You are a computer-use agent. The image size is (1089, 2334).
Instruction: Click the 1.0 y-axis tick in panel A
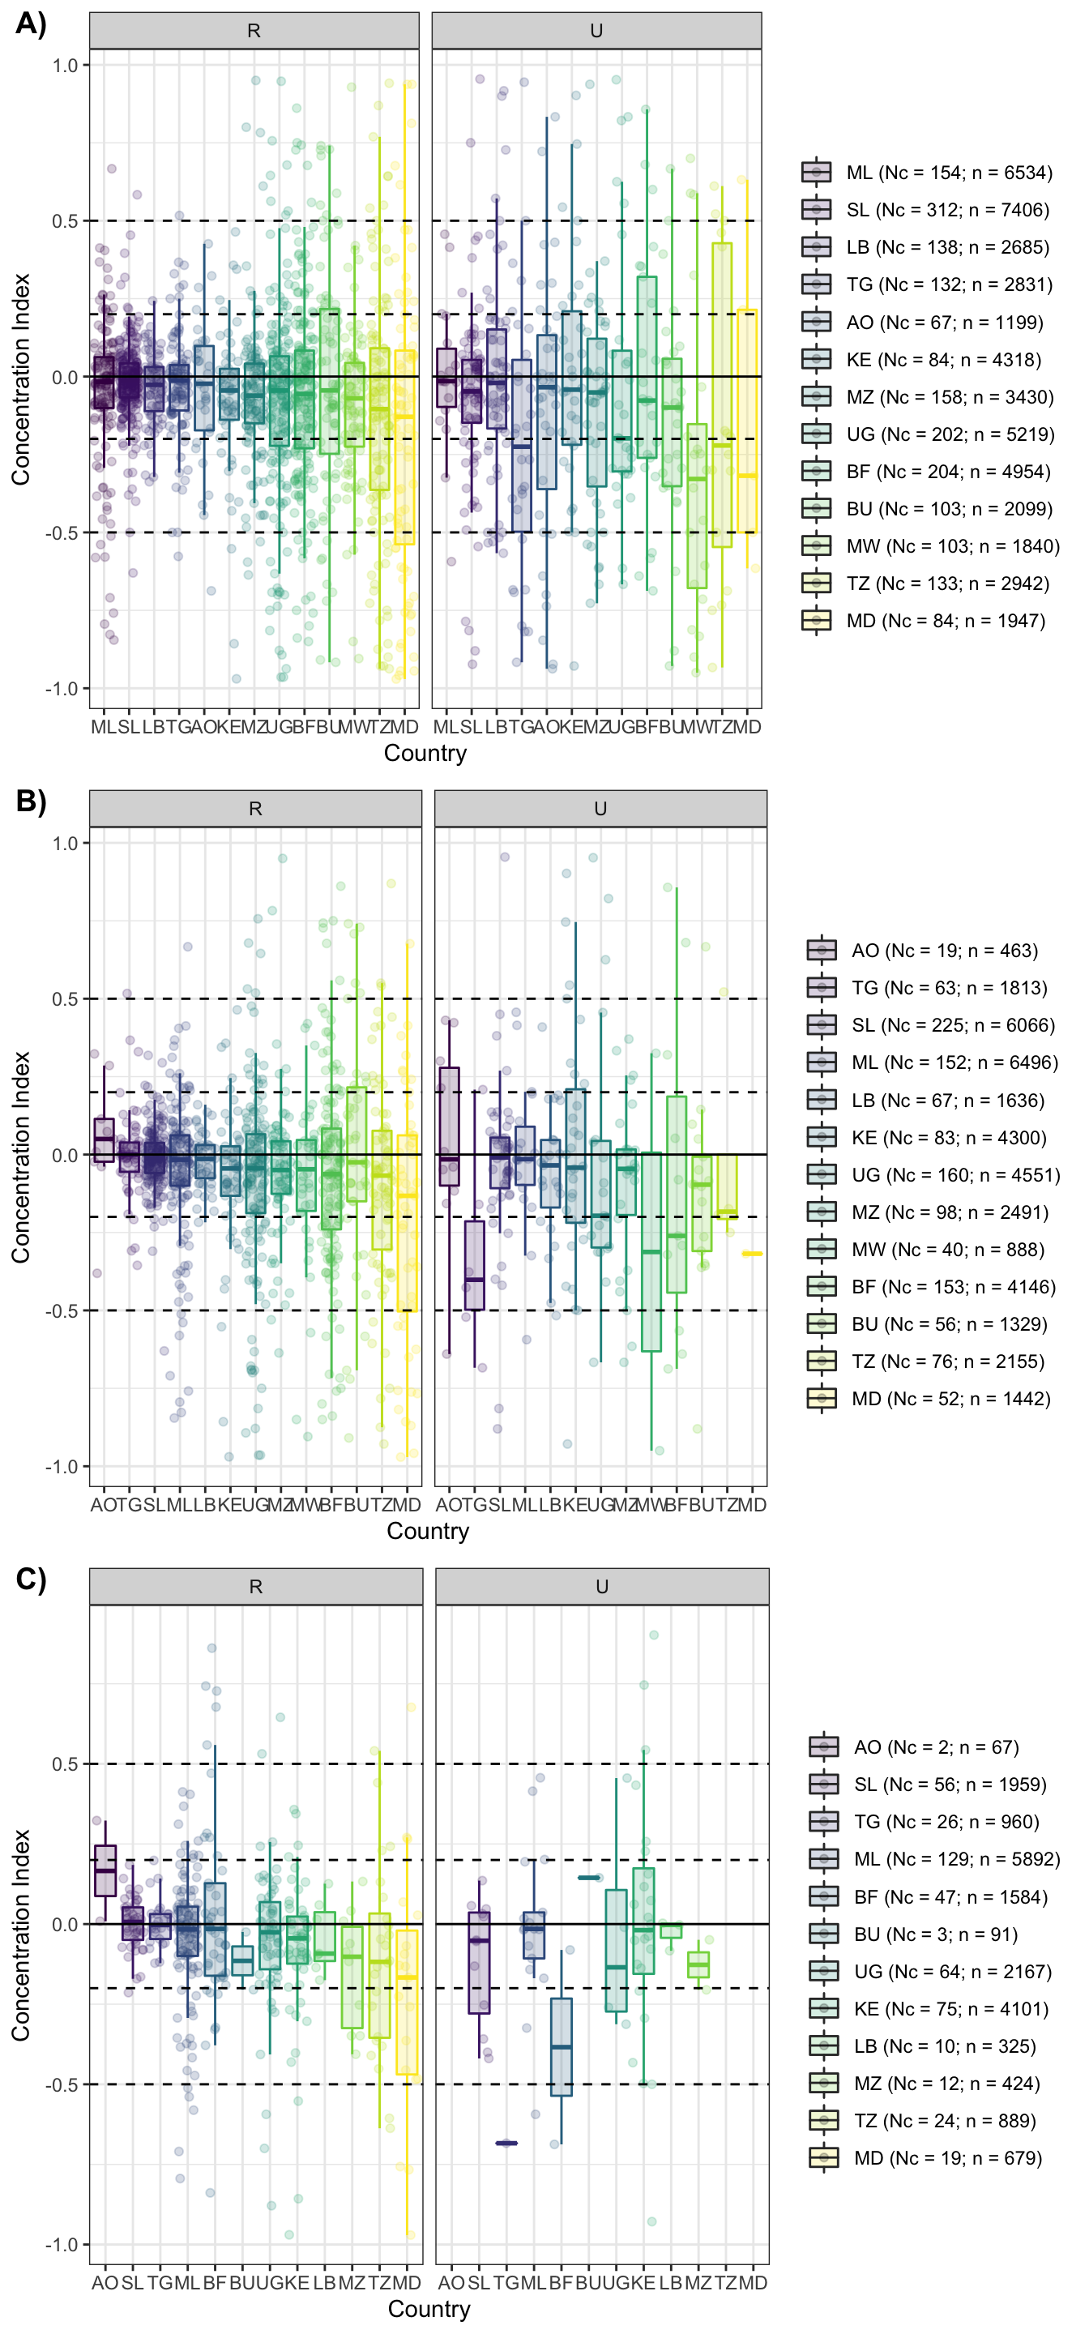[x=64, y=65]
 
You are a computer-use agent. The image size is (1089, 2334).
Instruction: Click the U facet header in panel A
[x=596, y=31]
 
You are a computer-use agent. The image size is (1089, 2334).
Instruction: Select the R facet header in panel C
[x=255, y=1587]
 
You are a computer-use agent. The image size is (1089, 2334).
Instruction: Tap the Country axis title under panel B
[x=428, y=1531]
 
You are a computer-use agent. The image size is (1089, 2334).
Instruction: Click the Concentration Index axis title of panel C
[x=21, y=1935]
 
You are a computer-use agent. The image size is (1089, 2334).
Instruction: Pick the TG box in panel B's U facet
[x=474, y=1265]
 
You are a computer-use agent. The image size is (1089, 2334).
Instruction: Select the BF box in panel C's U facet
[x=561, y=2047]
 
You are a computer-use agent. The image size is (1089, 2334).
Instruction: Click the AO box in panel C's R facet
[x=105, y=1870]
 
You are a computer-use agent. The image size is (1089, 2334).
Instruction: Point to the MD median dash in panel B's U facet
[x=751, y=1254]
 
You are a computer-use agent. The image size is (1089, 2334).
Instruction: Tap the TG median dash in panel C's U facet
[x=506, y=2143]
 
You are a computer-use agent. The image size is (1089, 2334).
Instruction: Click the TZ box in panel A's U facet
[x=722, y=394]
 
